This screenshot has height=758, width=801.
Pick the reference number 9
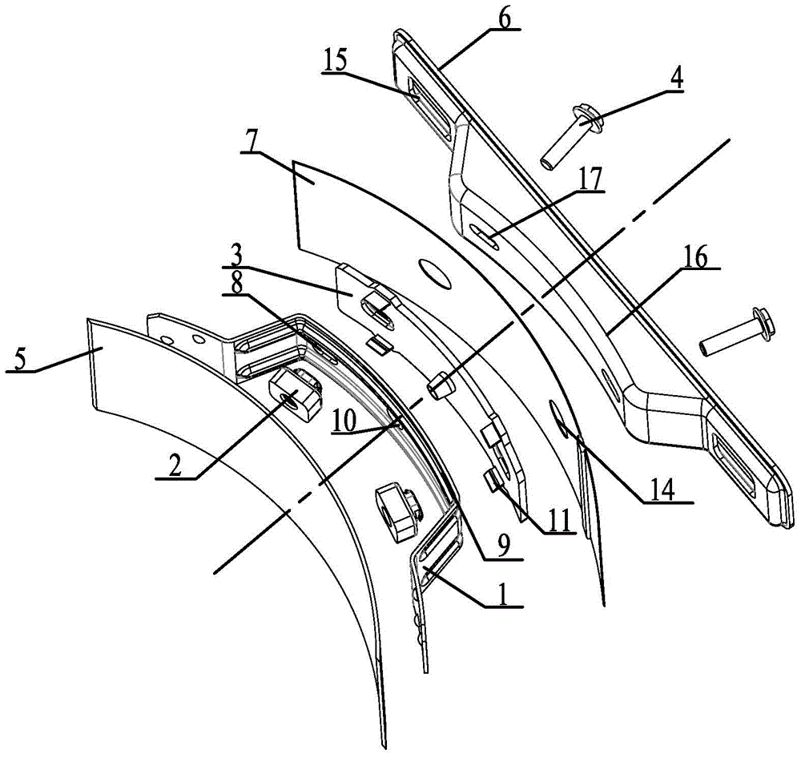(503, 548)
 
